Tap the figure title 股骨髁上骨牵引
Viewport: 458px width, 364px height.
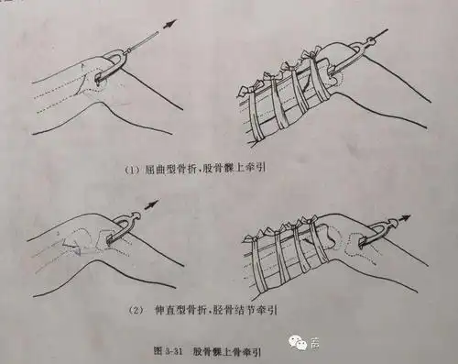click(x=224, y=349)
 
